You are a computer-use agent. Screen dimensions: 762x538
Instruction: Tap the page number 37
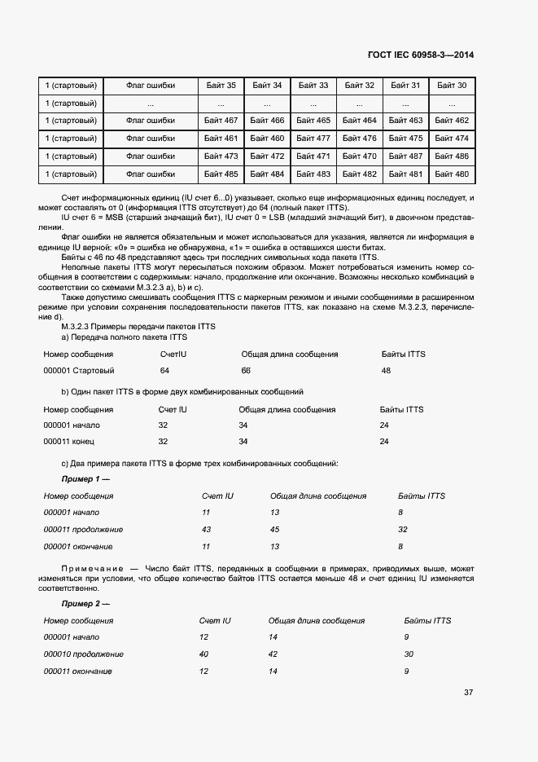468,693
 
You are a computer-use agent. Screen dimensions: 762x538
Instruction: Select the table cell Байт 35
221,85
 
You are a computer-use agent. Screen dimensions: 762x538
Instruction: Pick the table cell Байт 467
221,121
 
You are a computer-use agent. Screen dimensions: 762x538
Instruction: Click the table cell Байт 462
451,121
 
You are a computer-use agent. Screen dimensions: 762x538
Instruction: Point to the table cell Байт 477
313,139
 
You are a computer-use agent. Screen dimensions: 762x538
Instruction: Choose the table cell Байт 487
405,156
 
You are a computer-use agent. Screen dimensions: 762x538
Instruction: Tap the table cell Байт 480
451,174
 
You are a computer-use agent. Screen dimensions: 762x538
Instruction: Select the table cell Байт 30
451,85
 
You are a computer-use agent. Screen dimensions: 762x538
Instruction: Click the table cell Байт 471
313,156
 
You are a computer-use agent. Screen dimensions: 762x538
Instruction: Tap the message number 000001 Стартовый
77,370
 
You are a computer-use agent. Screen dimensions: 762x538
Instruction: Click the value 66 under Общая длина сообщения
246,370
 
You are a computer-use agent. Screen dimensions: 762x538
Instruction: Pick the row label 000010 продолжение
83,654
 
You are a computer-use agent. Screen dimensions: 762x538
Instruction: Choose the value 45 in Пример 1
274,530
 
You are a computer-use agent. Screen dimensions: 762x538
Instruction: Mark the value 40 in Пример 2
203,654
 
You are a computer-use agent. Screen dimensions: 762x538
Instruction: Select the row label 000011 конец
68,441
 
